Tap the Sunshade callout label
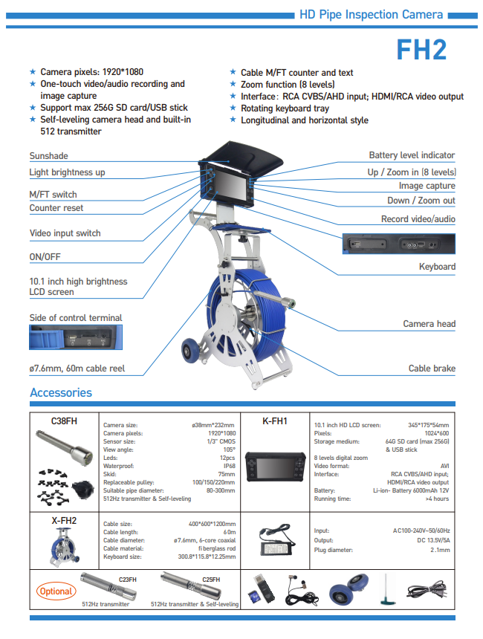[x=48, y=156]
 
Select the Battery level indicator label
[x=412, y=155]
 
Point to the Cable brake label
[x=432, y=368]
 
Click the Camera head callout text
[x=429, y=323]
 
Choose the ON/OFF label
[x=45, y=257]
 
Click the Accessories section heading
[x=61, y=392]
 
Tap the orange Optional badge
[x=56, y=591]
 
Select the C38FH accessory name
[x=64, y=421]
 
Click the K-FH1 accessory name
[x=275, y=421]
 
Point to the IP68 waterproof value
[x=229, y=466]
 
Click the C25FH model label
[x=210, y=578]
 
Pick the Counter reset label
[x=56, y=208]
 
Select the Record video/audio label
[x=418, y=219]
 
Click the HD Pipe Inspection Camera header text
[x=370, y=14]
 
